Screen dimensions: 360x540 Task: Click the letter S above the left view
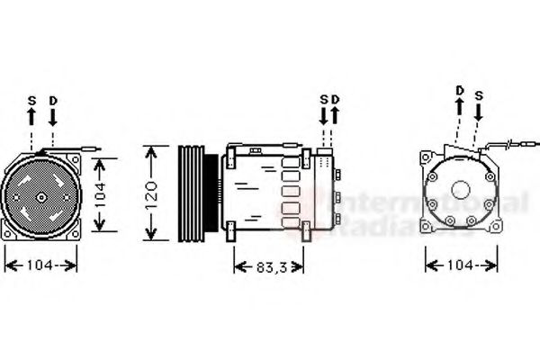31,102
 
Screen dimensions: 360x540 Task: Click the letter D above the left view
53,102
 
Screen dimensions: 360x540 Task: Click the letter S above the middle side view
324,98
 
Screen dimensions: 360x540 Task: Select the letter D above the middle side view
335,98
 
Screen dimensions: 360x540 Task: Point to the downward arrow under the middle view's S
324,116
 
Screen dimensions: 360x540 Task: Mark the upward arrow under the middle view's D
335,116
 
